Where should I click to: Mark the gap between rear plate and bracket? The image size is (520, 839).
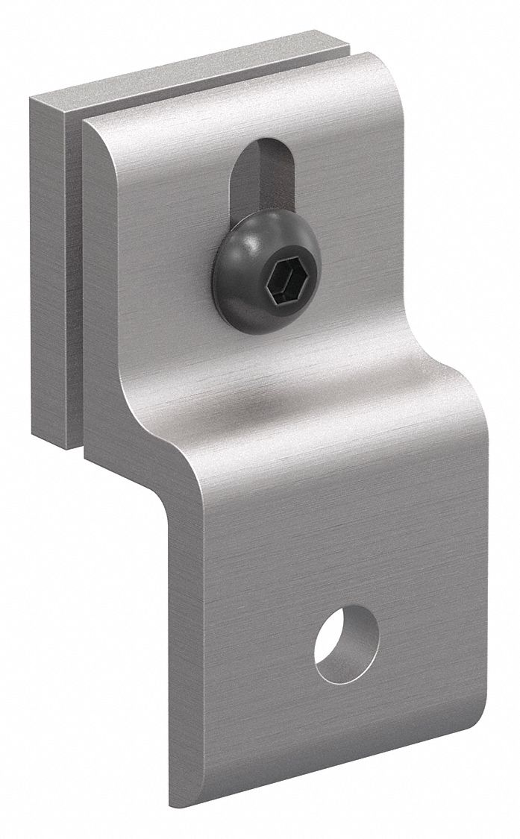(x=75, y=283)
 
